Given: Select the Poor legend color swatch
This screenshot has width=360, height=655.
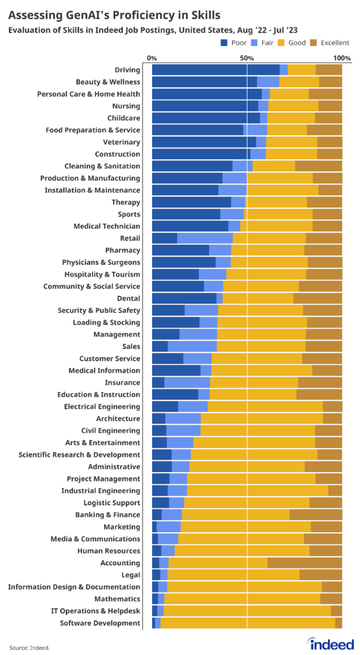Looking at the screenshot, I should [x=224, y=43].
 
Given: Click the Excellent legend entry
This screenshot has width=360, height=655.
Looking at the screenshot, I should [x=331, y=43].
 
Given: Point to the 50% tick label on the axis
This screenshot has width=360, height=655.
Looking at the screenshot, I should [x=247, y=58].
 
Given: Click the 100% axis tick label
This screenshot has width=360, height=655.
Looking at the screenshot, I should [x=341, y=58].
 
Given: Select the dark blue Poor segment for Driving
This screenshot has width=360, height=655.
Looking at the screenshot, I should [x=215, y=70].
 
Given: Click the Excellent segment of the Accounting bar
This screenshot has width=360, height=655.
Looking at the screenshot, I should [x=304, y=563].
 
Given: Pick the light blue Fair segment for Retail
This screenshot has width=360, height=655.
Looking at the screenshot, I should [x=205, y=238].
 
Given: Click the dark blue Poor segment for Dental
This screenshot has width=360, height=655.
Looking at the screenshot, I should [x=184, y=298].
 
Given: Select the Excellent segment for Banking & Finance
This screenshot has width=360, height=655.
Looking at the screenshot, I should [x=315, y=515].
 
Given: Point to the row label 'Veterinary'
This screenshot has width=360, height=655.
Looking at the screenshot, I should [x=121, y=142].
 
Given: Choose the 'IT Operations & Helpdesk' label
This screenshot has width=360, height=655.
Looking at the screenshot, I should [x=95, y=611].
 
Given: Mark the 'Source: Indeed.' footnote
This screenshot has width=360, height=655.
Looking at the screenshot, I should [x=29, y=647].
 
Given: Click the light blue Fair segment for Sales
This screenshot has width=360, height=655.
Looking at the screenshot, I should [x=192, y=347].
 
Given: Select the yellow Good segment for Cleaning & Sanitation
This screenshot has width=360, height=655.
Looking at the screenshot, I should [x=274, y=166].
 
